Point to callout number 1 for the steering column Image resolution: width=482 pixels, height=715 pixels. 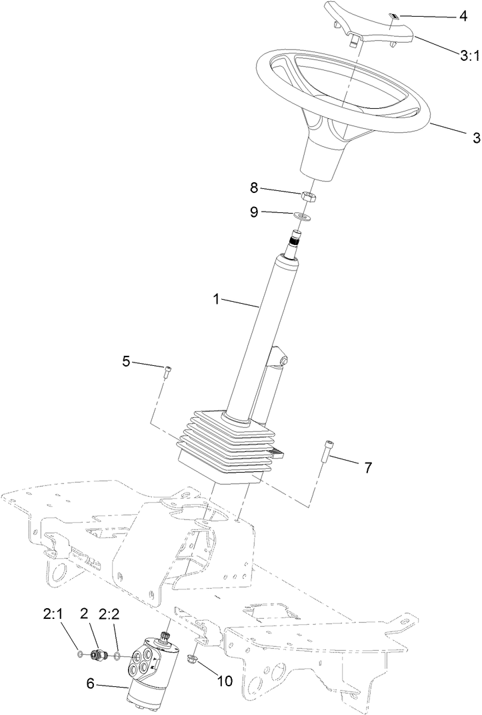(216, 300)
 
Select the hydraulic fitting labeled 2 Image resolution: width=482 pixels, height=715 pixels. (99, 654)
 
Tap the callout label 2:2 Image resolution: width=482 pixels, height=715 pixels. (109, 614)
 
